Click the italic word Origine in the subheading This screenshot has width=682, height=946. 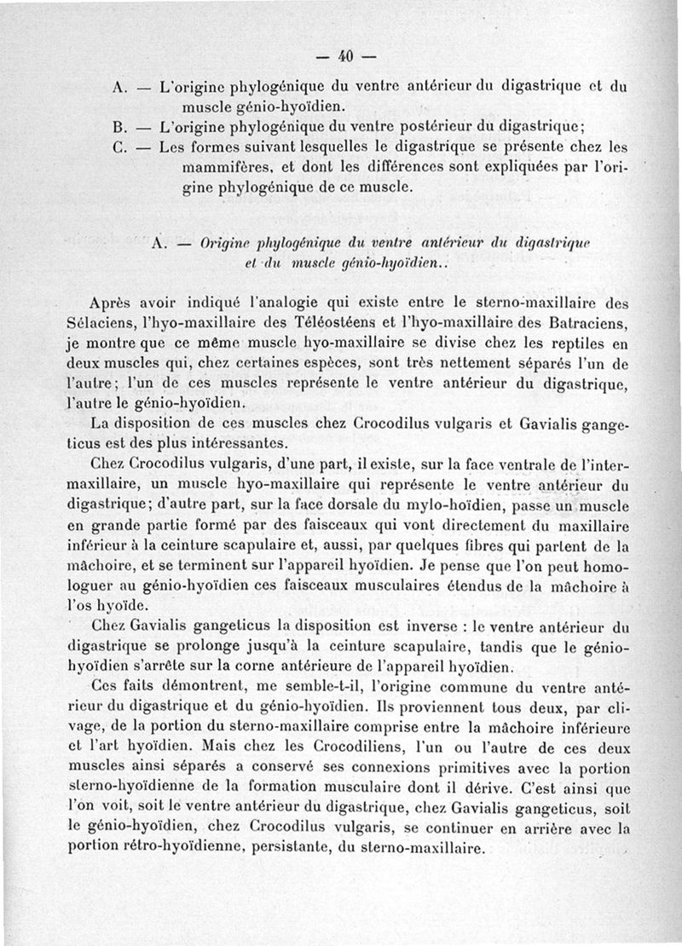pos(226,242)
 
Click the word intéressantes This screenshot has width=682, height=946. pos(238,443)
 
